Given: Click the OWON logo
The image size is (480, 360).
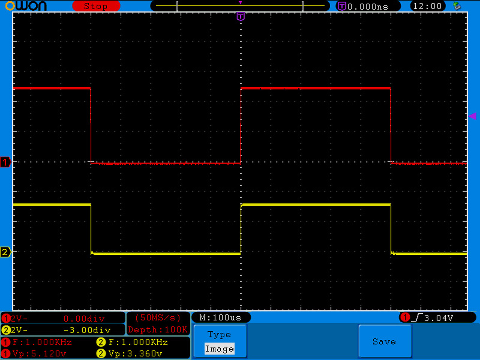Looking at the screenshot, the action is click(26, 6).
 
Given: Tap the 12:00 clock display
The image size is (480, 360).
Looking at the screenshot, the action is click(427, 6).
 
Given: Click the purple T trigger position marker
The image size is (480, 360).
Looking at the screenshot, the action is click(240, 16).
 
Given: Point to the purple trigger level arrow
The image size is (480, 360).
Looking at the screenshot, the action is click(472, 116).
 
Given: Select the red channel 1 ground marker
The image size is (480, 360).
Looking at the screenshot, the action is click(5, 162).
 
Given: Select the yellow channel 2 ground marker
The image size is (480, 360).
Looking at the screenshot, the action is click(5, 252).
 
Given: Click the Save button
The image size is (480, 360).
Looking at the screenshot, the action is click(384, 341).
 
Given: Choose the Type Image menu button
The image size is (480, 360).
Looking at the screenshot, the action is click(220, 341).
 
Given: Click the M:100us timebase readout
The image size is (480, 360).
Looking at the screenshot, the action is click(220, 318).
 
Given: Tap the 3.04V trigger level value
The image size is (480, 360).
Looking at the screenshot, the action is click(438, 318).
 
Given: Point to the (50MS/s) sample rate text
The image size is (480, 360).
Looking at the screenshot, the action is click(158, 318).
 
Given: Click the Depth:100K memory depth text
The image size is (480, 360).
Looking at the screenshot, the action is click(158, 330).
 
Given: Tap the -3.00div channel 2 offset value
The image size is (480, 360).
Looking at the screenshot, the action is click(90, 330).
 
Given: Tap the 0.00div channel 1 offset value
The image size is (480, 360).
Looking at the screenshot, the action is click(84, 318).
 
